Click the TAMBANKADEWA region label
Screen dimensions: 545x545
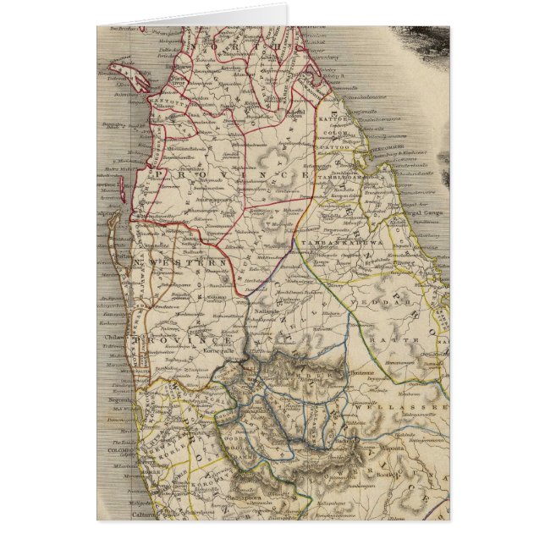pos(348,239)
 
